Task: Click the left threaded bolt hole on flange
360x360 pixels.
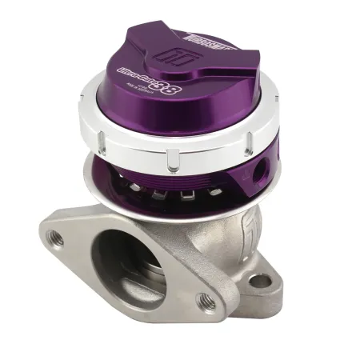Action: pos(57,238)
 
